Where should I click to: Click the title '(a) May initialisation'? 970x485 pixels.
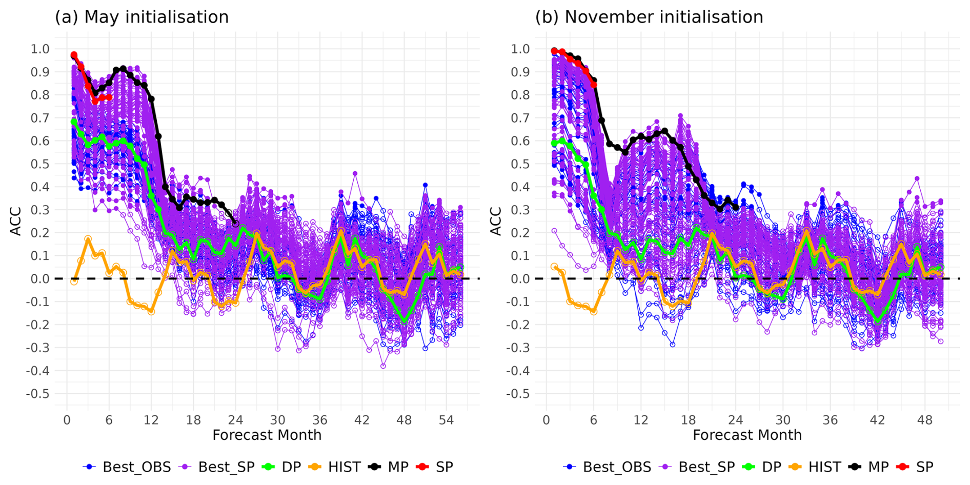point(142,17)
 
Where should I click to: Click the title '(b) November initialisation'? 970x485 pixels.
point(649,17)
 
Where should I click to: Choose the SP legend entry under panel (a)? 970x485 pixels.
point(435,467)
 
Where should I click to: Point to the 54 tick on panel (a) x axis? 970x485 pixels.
point(446,420)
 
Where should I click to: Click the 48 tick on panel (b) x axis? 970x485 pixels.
point(924,420)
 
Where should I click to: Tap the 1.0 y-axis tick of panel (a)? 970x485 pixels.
point(40,49)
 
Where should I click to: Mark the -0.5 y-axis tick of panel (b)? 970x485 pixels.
point(518,394)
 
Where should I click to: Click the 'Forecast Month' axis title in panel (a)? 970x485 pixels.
point(267,435)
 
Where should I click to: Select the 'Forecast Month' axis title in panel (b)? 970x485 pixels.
point(747,435)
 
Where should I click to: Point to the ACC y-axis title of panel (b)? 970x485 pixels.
point(496,221)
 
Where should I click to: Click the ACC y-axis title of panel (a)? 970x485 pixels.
point(16,221)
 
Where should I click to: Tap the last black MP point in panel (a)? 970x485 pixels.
point(235,224)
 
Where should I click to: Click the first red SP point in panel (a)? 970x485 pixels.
point(74,55)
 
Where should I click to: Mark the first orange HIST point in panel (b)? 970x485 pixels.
point(554,267)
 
